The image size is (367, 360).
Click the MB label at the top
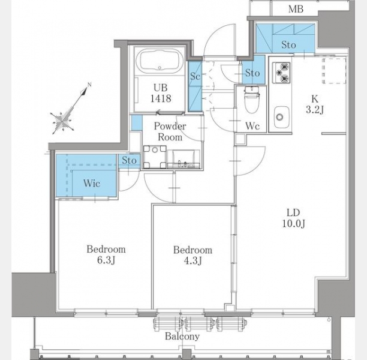tap(296, 9)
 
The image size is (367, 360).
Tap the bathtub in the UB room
tap(160, 60)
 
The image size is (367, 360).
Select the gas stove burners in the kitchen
tap(281, 73)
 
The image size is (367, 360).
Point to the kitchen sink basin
tap(281, 117)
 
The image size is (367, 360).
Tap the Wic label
tap(92, 183)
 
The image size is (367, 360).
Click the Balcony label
tap(182, 337)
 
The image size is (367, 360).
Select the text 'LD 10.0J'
tap(293, 218)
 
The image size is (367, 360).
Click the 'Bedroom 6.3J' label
tap(106, 254)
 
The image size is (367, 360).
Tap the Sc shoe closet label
tap(195, 76)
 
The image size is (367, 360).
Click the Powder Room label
tap(170, 131)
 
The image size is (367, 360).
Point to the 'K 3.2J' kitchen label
tap(315, 104)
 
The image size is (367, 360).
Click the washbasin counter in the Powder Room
tap(183, 159)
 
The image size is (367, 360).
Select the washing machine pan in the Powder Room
tap(155, 157)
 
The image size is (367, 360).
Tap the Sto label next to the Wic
tap(129, 161)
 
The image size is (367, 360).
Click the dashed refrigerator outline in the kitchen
tap(334, 71)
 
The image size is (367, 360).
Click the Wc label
tap(252, 126)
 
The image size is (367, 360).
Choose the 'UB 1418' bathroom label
tap(161, 93)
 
